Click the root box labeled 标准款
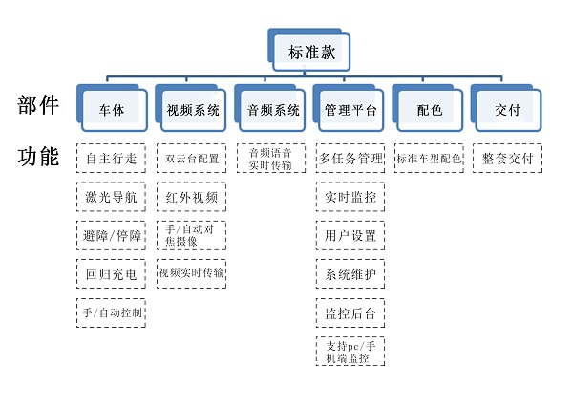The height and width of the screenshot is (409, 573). pos(311,53)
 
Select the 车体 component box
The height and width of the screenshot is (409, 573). pos(112,110)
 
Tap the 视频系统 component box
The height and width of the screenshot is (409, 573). pos(192,110)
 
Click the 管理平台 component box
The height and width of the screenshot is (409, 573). pos(350,110)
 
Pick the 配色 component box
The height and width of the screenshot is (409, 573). pos(430,110)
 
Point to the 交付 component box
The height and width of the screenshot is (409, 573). pos(507,110)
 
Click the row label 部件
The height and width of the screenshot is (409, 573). pos(38,106)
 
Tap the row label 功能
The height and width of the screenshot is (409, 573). pos(38,157)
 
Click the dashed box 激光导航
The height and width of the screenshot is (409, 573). pos(112,197)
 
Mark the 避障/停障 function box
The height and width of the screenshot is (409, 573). pos(112,235)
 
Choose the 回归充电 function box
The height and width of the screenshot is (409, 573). pos(112,274)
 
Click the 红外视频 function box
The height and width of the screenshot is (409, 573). pos(192,197)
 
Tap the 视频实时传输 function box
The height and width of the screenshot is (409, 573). pos(192,273)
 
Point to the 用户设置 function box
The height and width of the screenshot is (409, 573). pos(350,235)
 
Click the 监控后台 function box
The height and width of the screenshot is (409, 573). pos(350,312)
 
